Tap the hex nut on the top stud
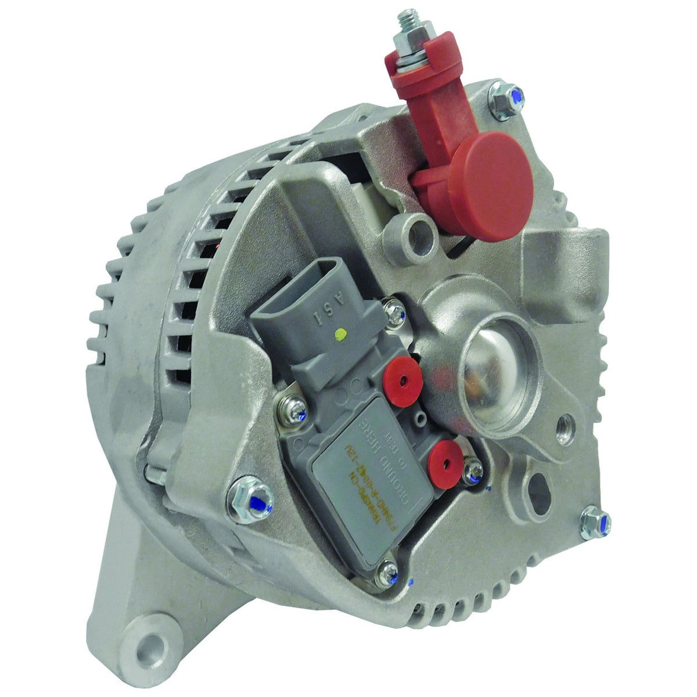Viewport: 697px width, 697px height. click(402, 44)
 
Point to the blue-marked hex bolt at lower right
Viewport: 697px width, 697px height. click(596, 518)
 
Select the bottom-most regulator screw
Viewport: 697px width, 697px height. click(388, 573)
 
